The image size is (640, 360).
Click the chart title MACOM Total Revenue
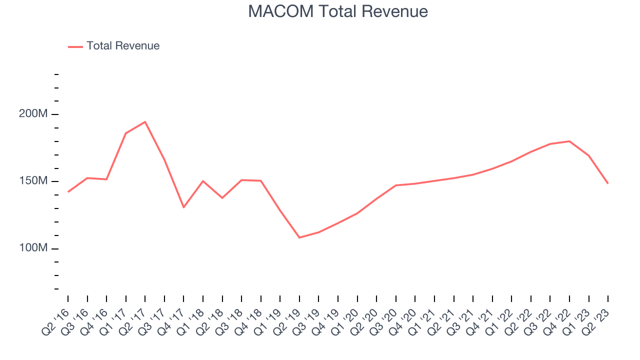tap(338, 11)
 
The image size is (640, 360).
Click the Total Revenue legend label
tap(123, 46)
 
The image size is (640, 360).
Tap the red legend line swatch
tap(75, 46)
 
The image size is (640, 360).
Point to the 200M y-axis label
tap(33, 114)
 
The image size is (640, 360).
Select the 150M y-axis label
tap(33, 181)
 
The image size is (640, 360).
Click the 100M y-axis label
tap(33, 248)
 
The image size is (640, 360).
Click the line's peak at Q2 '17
tap(145, 122)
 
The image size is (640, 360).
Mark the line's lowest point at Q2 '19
tap(299, 237)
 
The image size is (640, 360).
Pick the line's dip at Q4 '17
tap(183, 207)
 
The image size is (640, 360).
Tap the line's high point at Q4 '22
tap(569, 141)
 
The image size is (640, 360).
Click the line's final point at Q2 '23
tap(608, 183)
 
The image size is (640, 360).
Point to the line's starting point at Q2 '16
tap(68, 192)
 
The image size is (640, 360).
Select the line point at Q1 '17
tap(126, 133)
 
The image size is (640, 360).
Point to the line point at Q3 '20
tap(396, 185)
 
